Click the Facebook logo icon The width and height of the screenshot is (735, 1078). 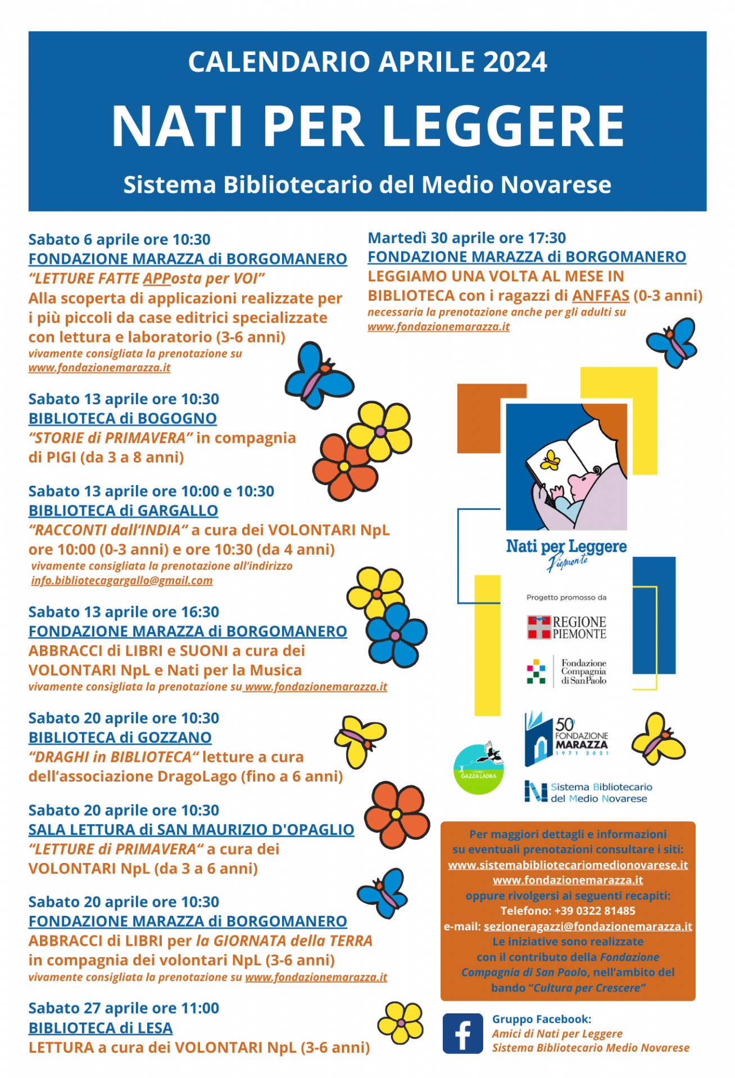coord(462,1033)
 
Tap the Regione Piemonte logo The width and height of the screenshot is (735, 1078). coord(566,628)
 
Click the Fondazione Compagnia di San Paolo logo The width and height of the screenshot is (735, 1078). coord(566,672)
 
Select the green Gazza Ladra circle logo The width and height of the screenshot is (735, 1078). coord(479,769)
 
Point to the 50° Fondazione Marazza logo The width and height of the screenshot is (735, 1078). coord(566,738)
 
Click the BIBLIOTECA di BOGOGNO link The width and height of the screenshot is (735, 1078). coord(122,419)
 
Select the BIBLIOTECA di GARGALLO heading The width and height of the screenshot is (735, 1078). coord(123,511)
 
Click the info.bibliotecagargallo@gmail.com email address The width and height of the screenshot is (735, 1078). coord(122,581)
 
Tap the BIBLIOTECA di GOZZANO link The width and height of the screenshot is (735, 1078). coord(120,738)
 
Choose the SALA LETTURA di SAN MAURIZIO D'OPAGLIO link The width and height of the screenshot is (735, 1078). coord(191,830)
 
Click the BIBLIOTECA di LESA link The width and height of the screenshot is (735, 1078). coord(101,1028)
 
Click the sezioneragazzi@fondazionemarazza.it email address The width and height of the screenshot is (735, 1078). coord(588,926)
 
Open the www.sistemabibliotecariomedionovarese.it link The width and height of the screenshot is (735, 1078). coord(568,865)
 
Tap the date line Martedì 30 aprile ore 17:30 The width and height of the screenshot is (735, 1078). coord(466,238)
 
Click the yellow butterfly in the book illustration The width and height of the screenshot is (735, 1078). coord(550,462)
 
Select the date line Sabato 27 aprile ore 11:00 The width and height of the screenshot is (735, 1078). coord(124,1008)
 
